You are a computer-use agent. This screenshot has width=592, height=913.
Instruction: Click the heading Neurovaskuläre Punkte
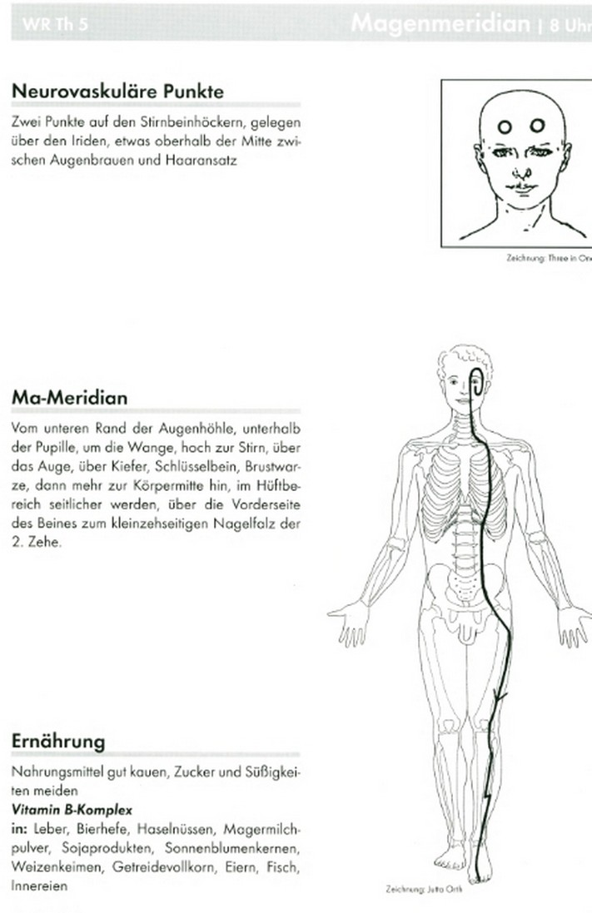pyautogui.click(x=117, y=91)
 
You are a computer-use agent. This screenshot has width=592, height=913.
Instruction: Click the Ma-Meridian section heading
pyautogui.click(x=70, y=398)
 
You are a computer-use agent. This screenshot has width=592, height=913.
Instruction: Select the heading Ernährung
pyautogui.click(x=58, y=741)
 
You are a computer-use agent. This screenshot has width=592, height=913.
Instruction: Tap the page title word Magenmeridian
pyautogui.click(x=440, y=23)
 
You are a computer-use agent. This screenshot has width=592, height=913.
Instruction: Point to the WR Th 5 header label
pyautogui.click(x=57, y=26)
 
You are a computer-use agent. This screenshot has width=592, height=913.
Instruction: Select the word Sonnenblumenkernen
pyautogui.click(x=253, y=849)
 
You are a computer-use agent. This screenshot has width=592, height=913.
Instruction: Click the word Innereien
pyautogui.click(x=39, y=886)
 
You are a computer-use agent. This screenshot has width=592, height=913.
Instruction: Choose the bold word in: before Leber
pyautogui.click(x=21, y=830)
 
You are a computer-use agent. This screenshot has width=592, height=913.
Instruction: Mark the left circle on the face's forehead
pyautogui.click(x=505, y=127)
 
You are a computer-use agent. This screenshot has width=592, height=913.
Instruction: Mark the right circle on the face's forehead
pyautogui.click(x=537, y=126)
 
